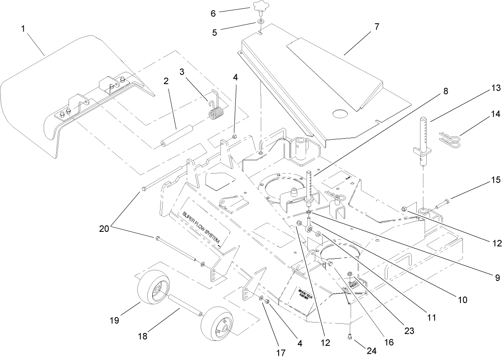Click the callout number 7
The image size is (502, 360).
376,27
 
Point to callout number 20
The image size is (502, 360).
104,228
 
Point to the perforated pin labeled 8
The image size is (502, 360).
310,185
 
